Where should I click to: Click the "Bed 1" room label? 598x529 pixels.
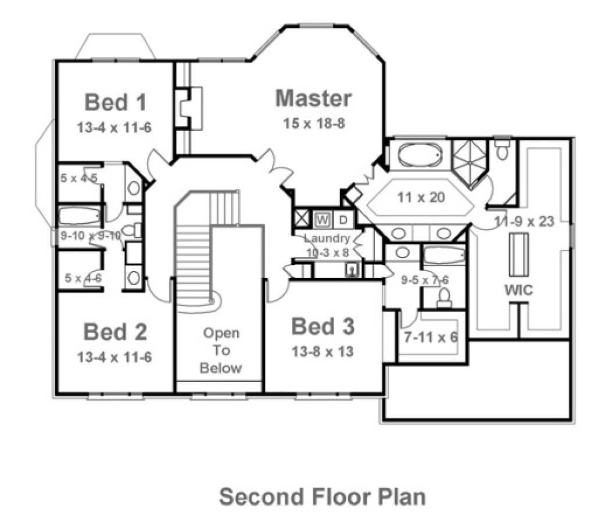click(x=115, y=102)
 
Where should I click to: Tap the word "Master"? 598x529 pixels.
click(x=313, y=98)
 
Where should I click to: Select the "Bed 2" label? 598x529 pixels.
click(x=115, y=332)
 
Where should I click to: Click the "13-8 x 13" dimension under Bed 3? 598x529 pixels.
click(x=323, y=352)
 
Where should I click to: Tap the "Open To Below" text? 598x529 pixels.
click(x=220, y=351)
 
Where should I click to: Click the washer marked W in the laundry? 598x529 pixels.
click(x=323, y=219)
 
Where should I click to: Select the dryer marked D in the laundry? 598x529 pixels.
click(x=343, y=219)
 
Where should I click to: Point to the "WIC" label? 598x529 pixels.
click(x=518, y=291)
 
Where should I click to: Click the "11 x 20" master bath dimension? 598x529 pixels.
click(x=421, y=197)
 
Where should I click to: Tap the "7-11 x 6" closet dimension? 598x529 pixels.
click(x=431, y=337)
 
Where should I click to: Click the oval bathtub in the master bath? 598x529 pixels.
click(x=420, y=155)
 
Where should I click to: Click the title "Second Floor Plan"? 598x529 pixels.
click(x=322, y=497)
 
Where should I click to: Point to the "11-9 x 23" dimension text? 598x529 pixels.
click(x=524, y=221)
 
